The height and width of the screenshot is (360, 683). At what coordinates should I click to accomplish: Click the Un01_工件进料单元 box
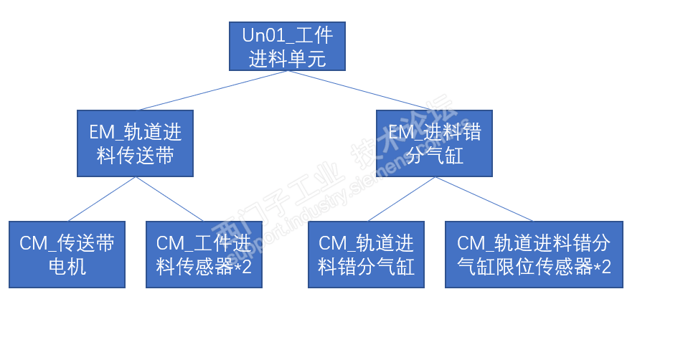pos(287,46)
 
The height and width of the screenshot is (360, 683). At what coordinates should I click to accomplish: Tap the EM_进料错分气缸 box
pos(434,143)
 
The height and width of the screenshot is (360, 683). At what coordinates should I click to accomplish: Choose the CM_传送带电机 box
pos(67,255)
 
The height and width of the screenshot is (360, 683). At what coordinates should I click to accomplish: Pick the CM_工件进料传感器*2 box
pos(204,255)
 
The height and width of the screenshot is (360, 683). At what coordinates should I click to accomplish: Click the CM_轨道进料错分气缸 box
pos(366,255)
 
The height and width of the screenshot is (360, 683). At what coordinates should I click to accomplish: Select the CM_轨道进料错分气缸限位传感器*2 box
pos(534,255)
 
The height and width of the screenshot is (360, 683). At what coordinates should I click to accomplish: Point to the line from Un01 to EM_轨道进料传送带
pos(212,90)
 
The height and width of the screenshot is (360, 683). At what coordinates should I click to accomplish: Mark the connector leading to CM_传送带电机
pos(102,199)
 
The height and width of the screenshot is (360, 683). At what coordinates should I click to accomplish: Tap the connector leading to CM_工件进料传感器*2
pos(169,199)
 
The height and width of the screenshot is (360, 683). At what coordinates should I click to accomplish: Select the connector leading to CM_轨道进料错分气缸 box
pos(402,199)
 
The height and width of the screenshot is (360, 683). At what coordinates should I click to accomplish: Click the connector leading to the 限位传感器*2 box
pos(484,199)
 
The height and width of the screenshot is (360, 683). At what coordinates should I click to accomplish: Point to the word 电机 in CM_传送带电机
pos(67,267)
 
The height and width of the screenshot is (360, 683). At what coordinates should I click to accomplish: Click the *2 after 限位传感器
pos(602,267)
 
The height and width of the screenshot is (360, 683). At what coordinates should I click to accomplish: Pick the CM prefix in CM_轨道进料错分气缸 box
pos(332,243)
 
